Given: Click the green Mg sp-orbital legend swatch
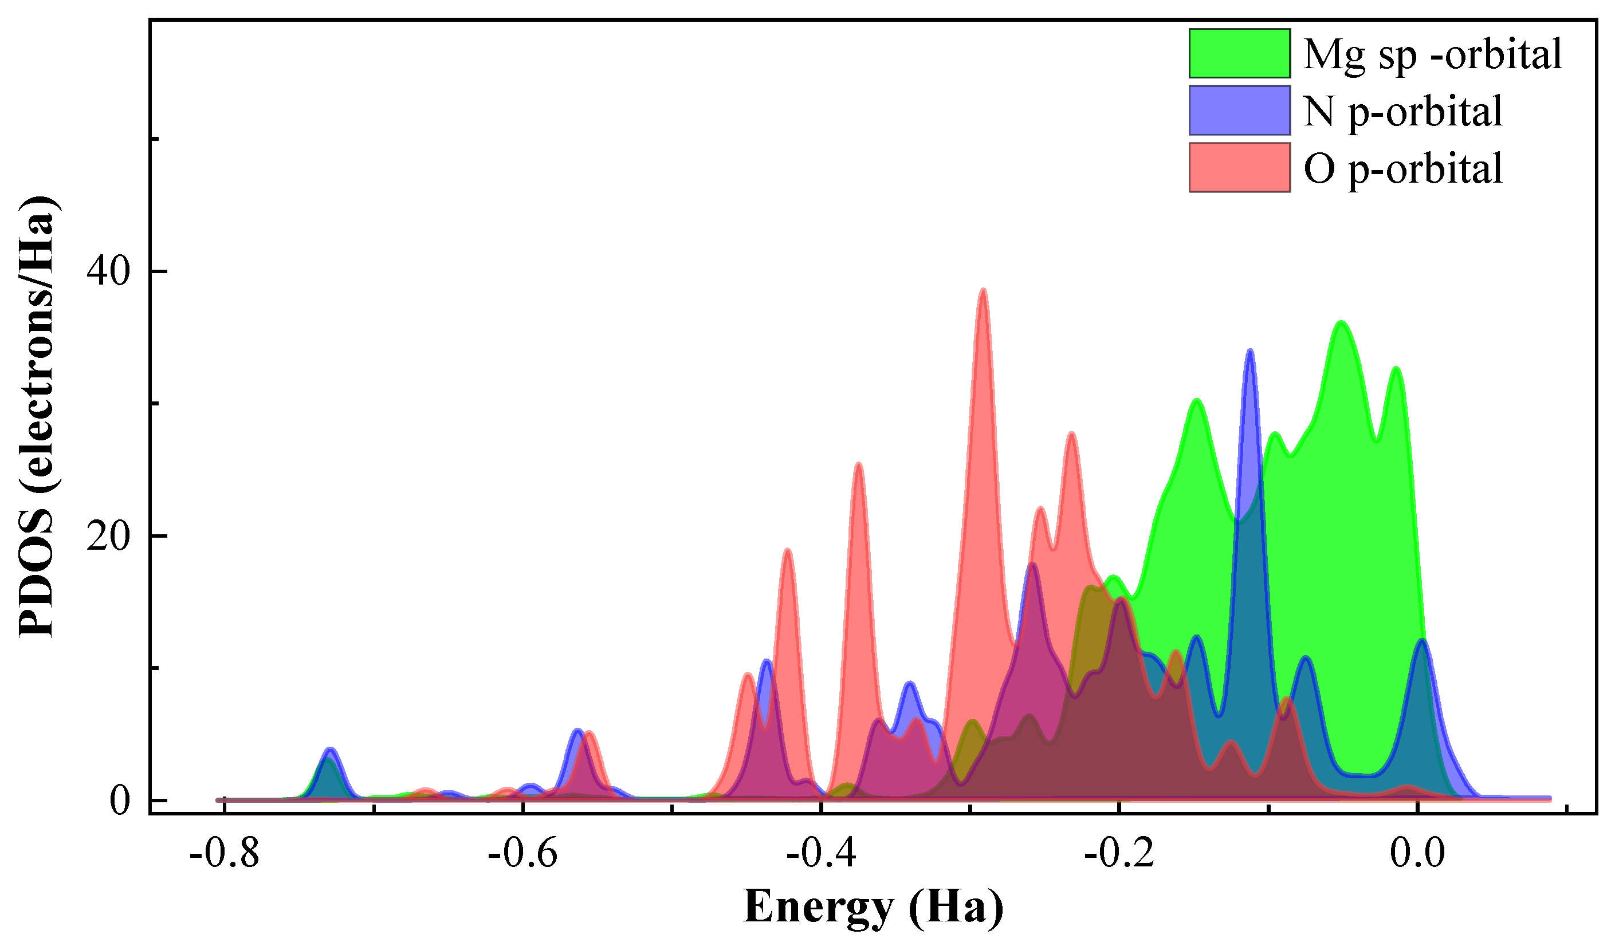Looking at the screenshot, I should [x=1239, y=53].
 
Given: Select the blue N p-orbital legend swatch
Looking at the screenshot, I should [x=1239, y=110].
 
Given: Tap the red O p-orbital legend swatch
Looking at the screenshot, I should [x=1239, y=167].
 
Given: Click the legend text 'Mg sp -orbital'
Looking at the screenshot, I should [x=1432, y=54].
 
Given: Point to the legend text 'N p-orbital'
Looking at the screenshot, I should [x=1402, y=112].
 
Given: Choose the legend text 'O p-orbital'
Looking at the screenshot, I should [x=1402, y=168].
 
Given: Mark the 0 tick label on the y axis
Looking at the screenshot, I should [x=119, y=801].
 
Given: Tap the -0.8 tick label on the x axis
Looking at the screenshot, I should [x=225, y=854].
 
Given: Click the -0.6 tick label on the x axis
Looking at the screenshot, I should [x=522, y=854].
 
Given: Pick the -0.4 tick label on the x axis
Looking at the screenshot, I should [x=821, y=854].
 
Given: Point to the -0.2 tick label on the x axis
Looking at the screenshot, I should [x=1119, y=854].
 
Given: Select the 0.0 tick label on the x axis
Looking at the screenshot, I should [x=1417, y=854].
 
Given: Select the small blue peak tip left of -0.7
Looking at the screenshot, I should [x=330, y=749].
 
